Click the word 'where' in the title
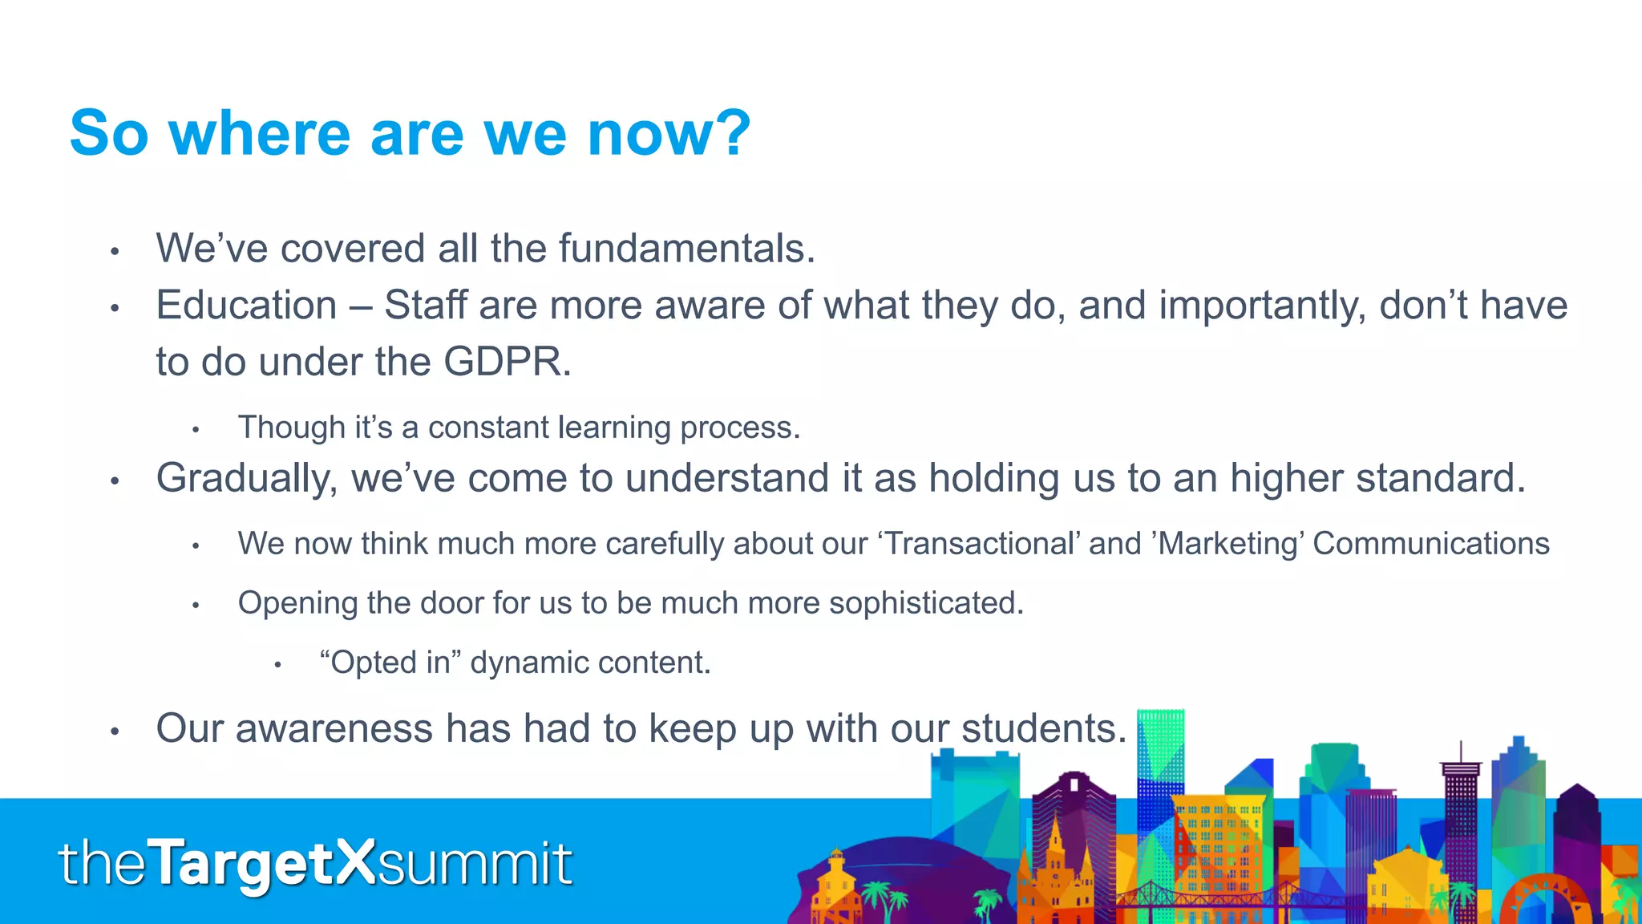(259, 133)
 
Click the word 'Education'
(246, 306)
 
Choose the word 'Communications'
(1431, 544)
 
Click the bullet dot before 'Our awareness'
(115, 731)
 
